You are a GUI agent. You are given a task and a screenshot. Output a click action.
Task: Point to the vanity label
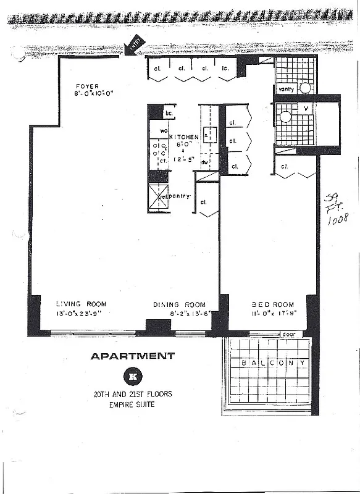coord(286,89)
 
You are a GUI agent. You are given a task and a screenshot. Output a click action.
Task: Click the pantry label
coord(181,196)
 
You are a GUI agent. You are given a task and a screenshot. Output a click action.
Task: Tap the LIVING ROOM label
coord(81,304)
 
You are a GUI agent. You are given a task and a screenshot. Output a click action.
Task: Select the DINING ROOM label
coord(179,304)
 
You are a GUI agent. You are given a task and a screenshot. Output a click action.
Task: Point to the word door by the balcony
coord(288,334)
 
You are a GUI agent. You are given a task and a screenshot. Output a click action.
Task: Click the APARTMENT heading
coord(132,356)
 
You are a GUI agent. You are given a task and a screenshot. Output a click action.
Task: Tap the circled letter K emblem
coord(132,375)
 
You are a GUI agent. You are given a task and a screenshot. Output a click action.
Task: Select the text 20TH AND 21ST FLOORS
coord(132,394)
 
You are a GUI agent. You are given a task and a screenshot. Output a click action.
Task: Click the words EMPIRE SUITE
coord(132,404)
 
